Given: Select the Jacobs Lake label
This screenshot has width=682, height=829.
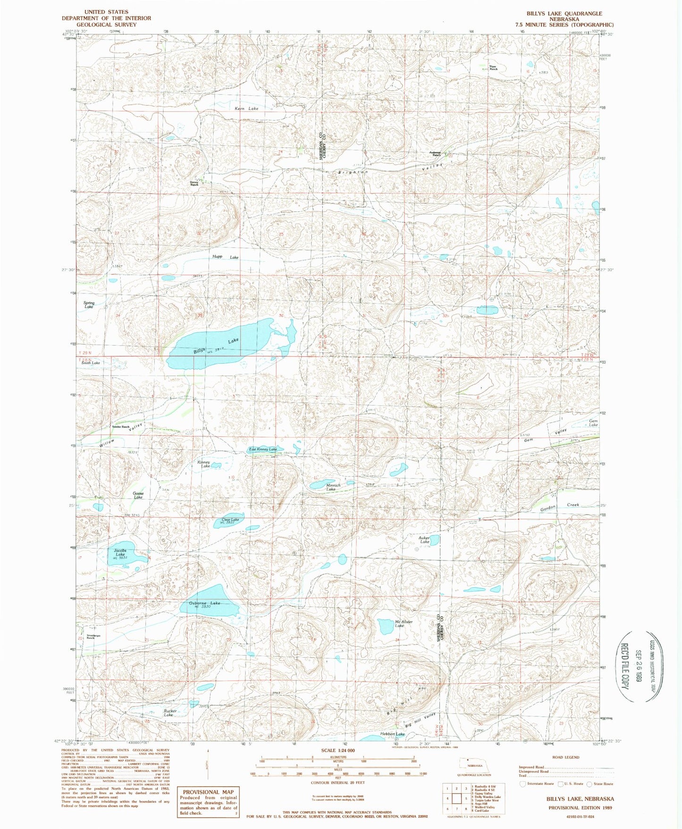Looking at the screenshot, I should tap(120, 553).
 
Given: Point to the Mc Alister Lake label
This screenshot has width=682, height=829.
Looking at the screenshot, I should tap(404, 624).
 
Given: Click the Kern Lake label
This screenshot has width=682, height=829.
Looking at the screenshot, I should tap(246, 109).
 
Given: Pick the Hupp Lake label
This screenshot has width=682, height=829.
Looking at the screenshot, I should tap(225, 257).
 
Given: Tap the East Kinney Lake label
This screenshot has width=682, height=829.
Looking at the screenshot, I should tap(263, 449).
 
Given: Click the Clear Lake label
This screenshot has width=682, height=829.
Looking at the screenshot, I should tap(230, 520).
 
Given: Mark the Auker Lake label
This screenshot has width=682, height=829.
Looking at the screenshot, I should tap(424, 540).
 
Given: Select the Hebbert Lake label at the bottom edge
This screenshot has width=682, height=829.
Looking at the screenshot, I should tap(393, 734).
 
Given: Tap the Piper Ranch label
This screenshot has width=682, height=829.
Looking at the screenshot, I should tap(493, 68).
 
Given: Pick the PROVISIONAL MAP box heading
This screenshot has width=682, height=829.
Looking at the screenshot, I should tap(208, 792).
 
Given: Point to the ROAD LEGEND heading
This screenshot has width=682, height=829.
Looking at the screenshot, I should tap(565, 757).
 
